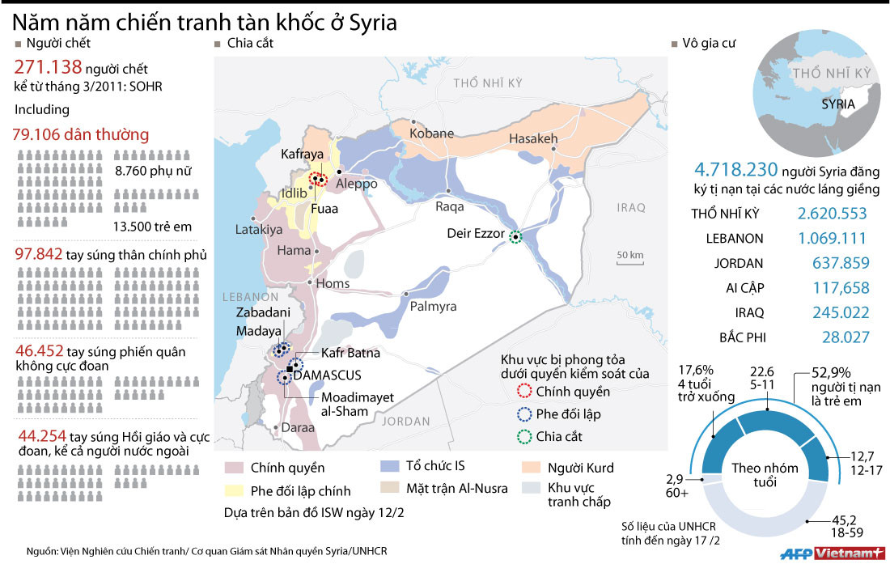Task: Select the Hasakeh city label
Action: pyautogui.click(x=533, y=140)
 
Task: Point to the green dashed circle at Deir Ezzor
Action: pyautogui.click(x=516, y=236)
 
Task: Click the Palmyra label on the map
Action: pyautogui.click(x=433, y=307)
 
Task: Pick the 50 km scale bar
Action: pyautogui.click(x=629, y=260)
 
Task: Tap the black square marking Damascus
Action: pyautogui.click(x=290, y=369)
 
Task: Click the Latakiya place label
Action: pyautogui.click(x=258, y=230)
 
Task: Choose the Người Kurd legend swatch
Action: pyautogui.click(x=533, y=468)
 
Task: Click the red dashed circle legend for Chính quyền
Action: pyautogui.click(x=524, y=392)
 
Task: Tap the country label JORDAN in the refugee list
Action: pyautogui.click(x=739, y=263)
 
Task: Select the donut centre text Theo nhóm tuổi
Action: pyautogui.click(x=765, y=475)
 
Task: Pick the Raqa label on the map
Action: pyautogui.click(x=450, y=206)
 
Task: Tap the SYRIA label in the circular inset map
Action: pyautogui.click(x=838, y=104)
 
